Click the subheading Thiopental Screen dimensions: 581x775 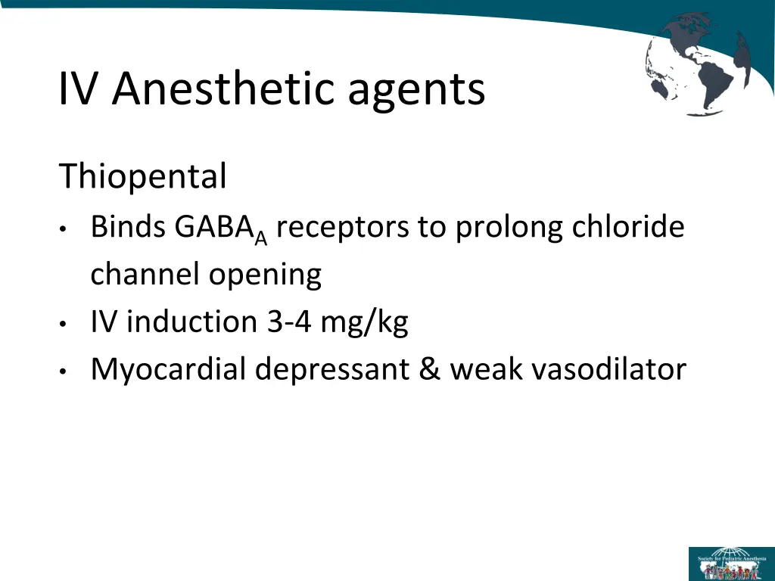coord(143,178)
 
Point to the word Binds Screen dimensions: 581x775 coord(129,226)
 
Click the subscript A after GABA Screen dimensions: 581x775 coord(261,238)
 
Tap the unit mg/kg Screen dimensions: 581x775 coord(364,324)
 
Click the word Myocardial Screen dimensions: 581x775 coord(168,371)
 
